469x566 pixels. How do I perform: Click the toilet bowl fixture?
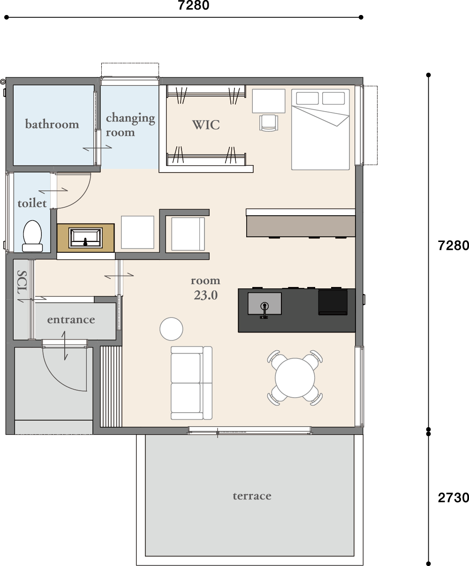pos(32,236)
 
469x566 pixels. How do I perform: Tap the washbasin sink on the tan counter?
pos(85,238)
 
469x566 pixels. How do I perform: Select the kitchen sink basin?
pos(265,303)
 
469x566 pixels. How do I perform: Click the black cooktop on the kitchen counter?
pos(333,302)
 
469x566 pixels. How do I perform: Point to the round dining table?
pos(295,377)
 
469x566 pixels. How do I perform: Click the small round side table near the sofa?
pos(171,329)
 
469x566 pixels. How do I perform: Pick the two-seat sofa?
pos(191,383)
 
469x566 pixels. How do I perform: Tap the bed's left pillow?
pos(307,98)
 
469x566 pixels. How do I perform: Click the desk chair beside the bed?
pos(269,123)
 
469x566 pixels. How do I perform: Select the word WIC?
pos(206,125)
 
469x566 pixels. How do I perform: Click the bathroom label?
pos(52,124)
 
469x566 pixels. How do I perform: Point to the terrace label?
pos(252,496)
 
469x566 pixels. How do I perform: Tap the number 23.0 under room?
pos(206,295)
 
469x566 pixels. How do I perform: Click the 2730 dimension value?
pos(453,498)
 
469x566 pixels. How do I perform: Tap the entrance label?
pos(71,320)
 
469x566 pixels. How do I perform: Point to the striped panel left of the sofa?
pos(111,386)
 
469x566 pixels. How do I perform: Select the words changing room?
pos(130,125)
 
